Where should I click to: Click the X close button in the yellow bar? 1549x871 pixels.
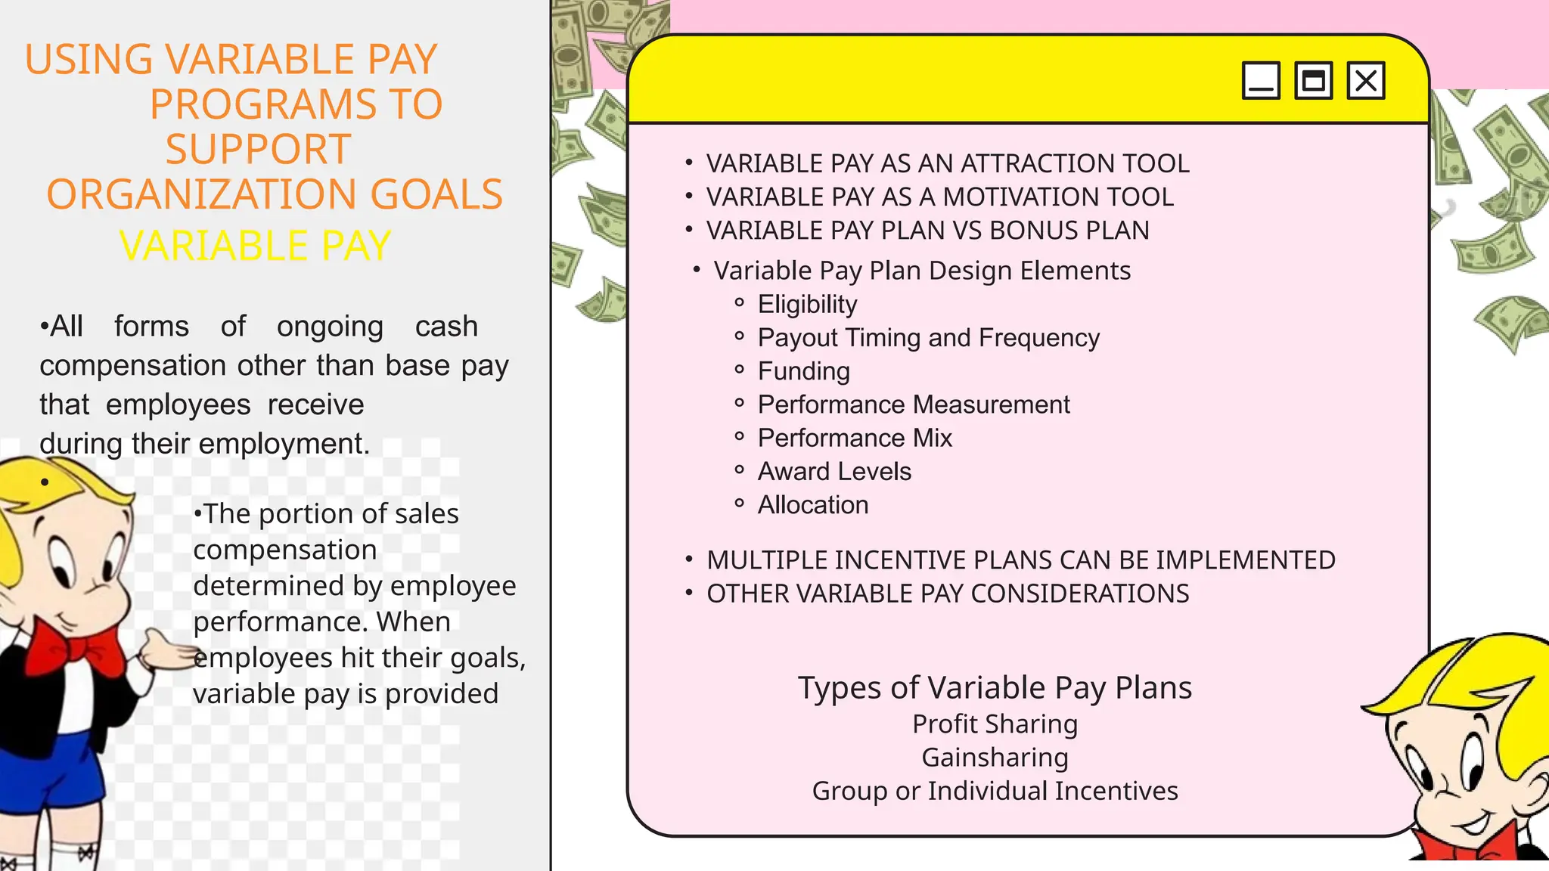[1366, 81]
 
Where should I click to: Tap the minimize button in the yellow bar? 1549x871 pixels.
[1261, 81]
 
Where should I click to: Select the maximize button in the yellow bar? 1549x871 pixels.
[1313, 81]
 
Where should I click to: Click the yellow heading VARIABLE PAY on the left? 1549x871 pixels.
[255, 246]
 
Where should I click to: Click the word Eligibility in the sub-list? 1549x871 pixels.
[807, 304]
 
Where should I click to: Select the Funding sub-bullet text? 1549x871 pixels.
[803, 371]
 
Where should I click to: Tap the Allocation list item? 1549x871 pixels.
[812, 505]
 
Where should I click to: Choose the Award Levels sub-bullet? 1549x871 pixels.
[834, 472]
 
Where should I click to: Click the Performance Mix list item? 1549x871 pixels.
[855, 438]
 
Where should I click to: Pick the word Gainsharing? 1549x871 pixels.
[995, 758]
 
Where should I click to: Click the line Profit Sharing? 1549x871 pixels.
[995, 724]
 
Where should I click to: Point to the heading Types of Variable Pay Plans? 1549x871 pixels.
[995, 688]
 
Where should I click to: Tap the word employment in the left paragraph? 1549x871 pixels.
[305, 444]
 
